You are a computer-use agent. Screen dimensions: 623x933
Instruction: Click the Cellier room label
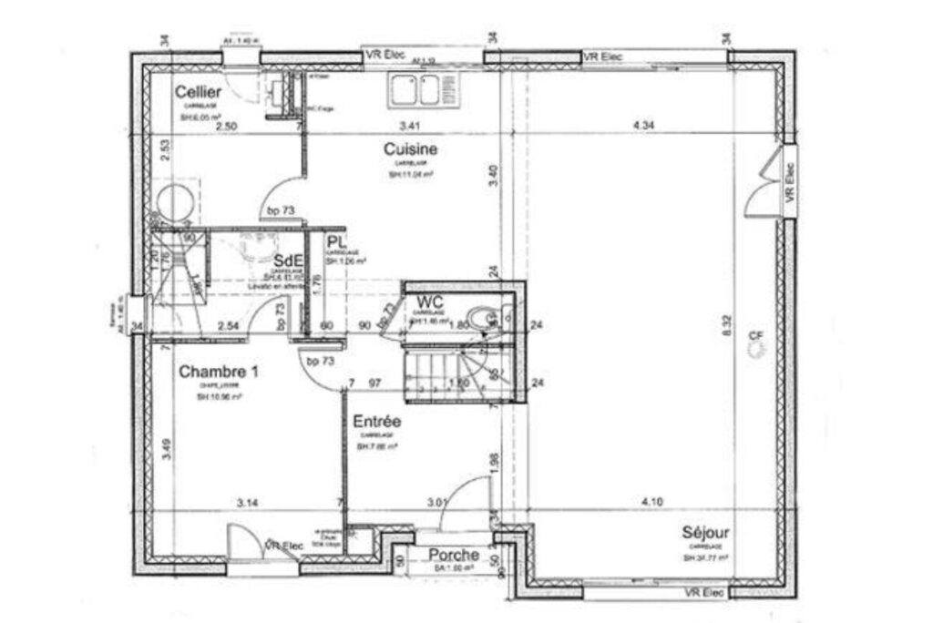pyautogui.click(x=198, y=92)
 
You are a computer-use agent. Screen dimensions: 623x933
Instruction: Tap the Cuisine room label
pyautogui.click(x=410, y=148)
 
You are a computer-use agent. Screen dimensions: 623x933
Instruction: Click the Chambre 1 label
pyautogui.click(x=219, y=372)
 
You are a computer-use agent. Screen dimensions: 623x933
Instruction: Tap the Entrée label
pyautogui.click(x=378, y=423)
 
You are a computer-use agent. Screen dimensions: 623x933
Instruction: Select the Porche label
pyautogui.click(x=454, y=555)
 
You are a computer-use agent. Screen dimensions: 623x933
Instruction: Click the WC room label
pyautogui.click(x=430, y=303)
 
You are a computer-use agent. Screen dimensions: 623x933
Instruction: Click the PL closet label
pyautogui.click(x=336, y=243)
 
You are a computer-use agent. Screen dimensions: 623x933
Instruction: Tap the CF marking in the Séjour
pyautogui.click(x=754, y=337)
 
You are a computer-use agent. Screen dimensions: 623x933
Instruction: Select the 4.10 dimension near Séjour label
pyautogui.click(x=652, y=502)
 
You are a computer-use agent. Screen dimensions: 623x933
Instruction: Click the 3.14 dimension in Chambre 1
pyautogui.click(x=248, y=502)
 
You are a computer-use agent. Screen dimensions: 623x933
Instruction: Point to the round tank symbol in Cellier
pyautogui.click(x=173, y=202)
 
